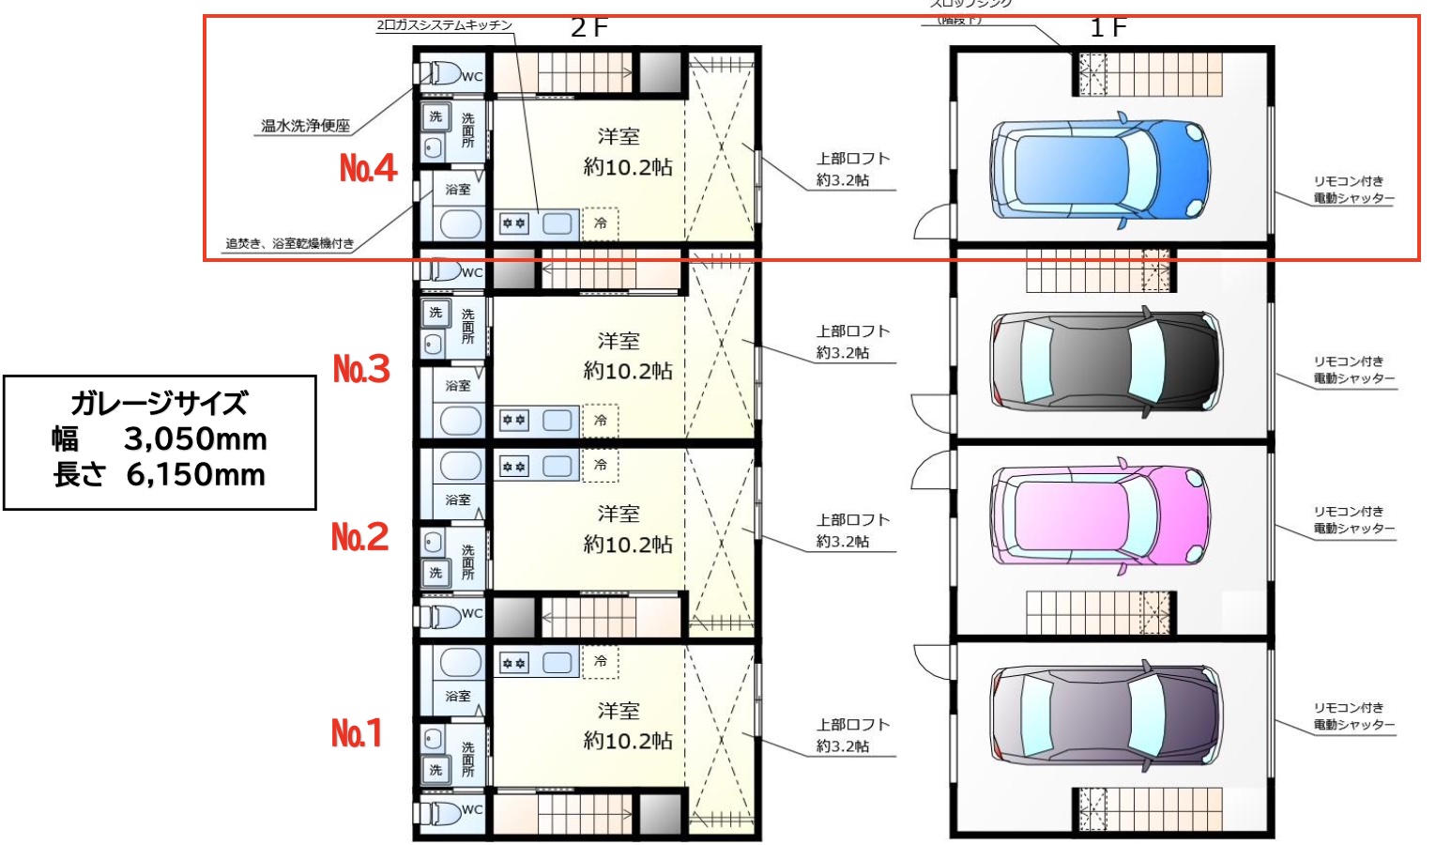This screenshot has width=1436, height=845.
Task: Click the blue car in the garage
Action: point(1100,170)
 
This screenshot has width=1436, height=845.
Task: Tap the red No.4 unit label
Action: point(368,168)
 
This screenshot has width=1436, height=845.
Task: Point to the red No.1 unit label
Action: point(357,732)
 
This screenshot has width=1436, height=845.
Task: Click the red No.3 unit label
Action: point(361,368)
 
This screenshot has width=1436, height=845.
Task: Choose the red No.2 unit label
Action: point(359,536)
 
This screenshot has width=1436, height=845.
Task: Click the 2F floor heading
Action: point(589,28)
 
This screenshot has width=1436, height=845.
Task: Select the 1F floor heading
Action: point(1108,28)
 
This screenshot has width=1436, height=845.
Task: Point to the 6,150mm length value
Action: point(195,475)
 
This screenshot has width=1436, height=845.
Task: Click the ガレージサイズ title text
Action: point(160,404)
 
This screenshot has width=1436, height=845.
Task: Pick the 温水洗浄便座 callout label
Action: point(305,126)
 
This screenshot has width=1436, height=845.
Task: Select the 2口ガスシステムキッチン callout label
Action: point(444,25)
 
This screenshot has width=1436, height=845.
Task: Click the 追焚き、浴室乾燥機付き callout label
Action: point(289,243)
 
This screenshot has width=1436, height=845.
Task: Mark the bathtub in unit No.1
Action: point(460,662)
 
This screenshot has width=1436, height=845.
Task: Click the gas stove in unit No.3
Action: point(513,420)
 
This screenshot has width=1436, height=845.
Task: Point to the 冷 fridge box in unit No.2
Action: point(601,465)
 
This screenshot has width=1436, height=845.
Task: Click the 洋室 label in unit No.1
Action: point(619,711)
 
